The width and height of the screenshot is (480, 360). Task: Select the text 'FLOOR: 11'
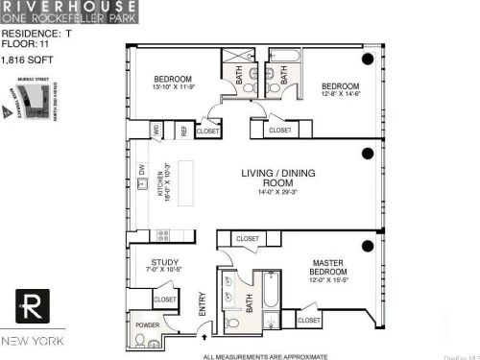[24, 43]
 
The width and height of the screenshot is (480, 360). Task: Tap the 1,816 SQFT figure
[26, 60]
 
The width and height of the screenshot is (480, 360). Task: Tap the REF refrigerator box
[180, 130]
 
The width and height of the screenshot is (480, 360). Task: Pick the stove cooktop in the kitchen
[162, 232]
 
